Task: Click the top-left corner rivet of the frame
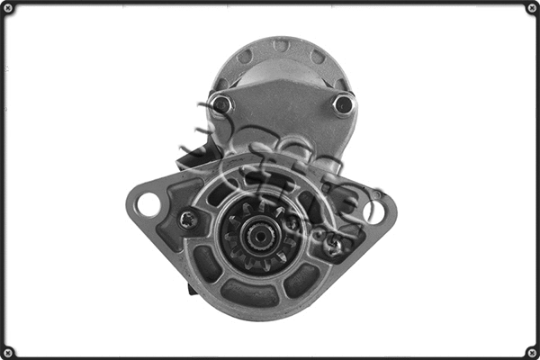pyautogui.click(x=9, y=9)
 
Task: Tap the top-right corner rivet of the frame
pyautogui.click(x=531, y=9)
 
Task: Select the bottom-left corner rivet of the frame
pyautogui.click(x=9, y=351)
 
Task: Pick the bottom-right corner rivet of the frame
pyautogui.click(x=531, y=351)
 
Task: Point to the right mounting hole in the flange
pyautogui.click(x=374, y=211)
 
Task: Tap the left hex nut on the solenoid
pyautogui.click(x=221, y=105)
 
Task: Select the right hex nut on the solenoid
pyautogui.click(x=342, y=104)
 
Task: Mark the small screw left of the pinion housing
pyautogui.click(x=188, y=219)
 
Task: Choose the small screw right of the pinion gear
pyautogui.click(x=334, y=243)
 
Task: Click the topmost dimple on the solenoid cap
pyautogui.click(x=280, y=45)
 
